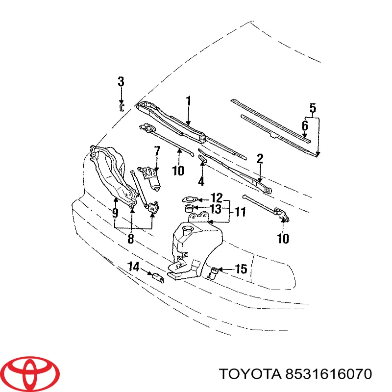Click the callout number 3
tap(121, 82)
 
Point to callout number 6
tap(305, 126)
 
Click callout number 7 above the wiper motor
tap(157, 151)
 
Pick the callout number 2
tap(260, 158)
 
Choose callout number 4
tap(201, 181)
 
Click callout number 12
tap(216, 198)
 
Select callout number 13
tap(216, 210)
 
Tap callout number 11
tap(240, 213)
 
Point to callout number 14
tap(134, 267)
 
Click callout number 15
tap(241, 269)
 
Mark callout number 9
tap(115, 214)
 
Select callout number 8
tap(131, 240)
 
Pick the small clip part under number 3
tap(121, 106)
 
